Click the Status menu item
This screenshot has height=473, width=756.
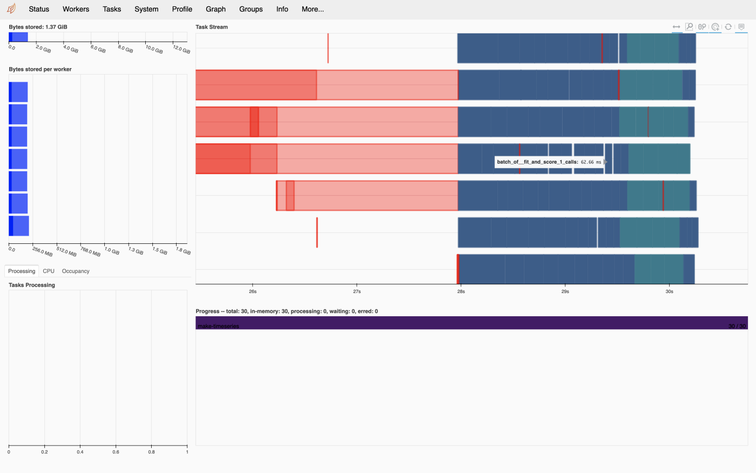click(x=39, y=9)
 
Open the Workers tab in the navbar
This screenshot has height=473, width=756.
click(x=76, y=9)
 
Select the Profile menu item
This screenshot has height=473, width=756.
click(x=182, y=9)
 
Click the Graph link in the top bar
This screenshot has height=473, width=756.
click(x=215, y=9)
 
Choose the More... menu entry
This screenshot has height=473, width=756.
click(x=313, y=9)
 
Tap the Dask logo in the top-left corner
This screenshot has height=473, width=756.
click(x=11, y=9)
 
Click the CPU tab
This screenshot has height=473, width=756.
click(x=49, y=271)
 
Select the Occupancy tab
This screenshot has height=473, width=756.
click(x=76, y=271)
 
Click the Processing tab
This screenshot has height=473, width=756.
click(x=22, y=271)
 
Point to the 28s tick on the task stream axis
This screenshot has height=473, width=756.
click(x=461, y=291)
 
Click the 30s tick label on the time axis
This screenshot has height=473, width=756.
click(x=669, y=291)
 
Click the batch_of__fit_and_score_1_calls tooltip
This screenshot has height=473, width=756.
click(x=549, y=162)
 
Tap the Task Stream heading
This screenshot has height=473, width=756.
click(x=212, y=27)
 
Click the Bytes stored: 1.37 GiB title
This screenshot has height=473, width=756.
click(x=38, y=27)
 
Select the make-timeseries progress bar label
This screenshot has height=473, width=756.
click(x=218, y=326)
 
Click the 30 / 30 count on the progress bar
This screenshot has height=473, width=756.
click(x=737, y=326)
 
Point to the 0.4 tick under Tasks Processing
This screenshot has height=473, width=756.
click(x=80, y=452)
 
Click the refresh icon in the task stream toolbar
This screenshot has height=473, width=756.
click(x=728, y=26)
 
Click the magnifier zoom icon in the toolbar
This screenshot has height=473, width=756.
click(x=689, y=26)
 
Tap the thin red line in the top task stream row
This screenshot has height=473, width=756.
click(x=328, y=48)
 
